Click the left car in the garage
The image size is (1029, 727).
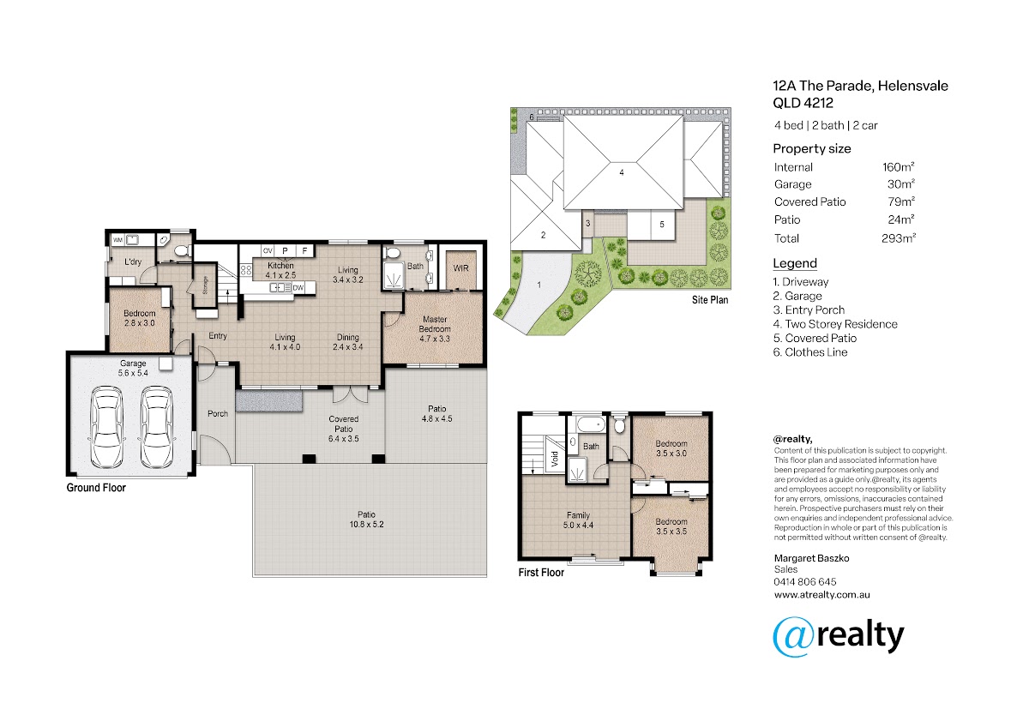click(x=107, y=427)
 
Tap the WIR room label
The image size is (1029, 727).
click(x=460, y=268)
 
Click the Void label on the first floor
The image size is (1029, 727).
click(x=555, y=459)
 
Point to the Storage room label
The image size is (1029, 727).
click(x=205, y=285)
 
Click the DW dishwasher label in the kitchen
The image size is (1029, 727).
click(x=298, y=288)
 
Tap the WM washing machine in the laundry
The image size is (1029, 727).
click(x=117, y=240)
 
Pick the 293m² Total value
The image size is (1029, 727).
click(x=899, y=237)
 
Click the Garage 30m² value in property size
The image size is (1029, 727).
click(x=901, y=183)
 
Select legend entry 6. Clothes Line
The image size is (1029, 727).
click(x=810, y=352)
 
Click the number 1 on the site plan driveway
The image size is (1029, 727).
click(x=539, y=285)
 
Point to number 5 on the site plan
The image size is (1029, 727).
click(x=661, y=224)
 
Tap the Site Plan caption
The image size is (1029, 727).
click(x=710, y=300)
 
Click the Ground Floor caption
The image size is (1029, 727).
click(x=96, y=487)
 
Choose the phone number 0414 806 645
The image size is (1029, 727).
click(x=805, y=582)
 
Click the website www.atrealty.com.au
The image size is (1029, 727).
click(x=821, y=595)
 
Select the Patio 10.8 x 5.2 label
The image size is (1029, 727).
click(x=367, y=520)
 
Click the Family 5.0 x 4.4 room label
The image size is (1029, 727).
click(x=578, y=520)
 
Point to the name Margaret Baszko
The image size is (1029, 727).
click(x=811, y=558)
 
